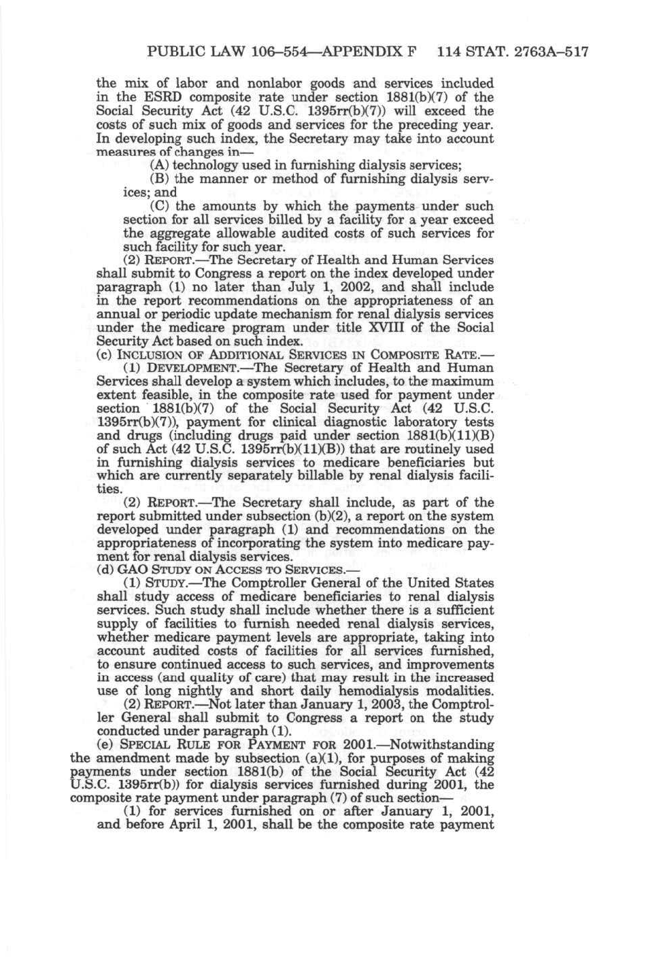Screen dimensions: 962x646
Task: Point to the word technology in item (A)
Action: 204,165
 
